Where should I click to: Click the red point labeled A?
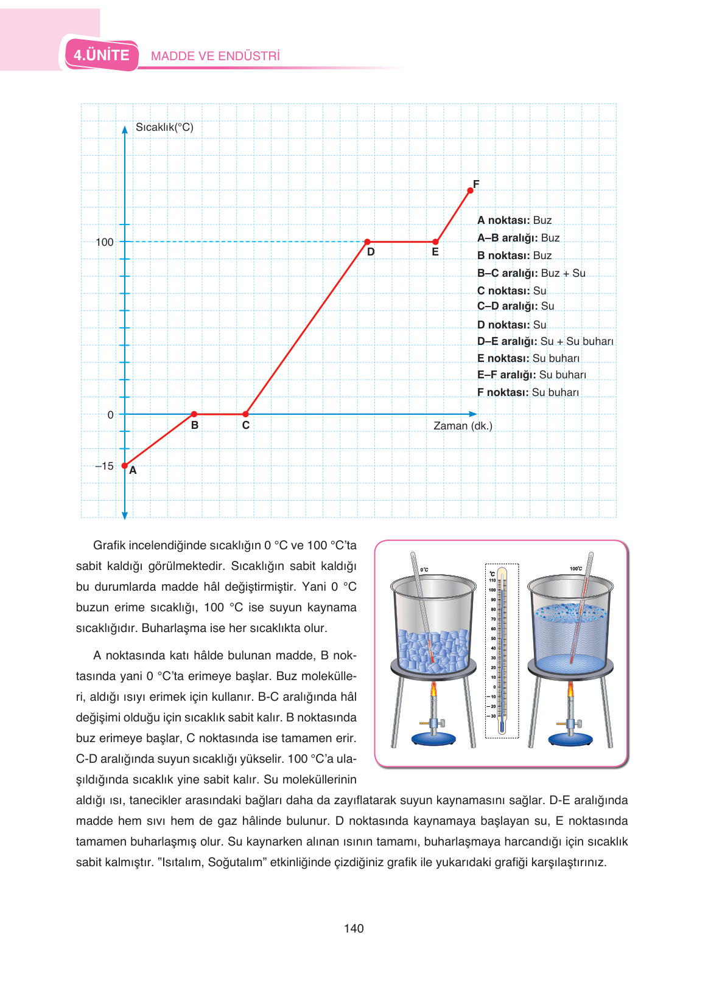[125, 466]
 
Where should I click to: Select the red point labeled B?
[194, 414]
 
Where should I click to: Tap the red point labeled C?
[245, 414]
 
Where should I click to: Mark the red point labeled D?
[367, 241]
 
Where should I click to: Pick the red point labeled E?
[435, 241]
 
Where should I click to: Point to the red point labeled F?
[470, 190]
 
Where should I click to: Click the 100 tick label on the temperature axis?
[105, 242]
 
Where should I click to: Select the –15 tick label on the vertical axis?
[104, 466]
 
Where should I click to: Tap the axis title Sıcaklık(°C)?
[164, 127]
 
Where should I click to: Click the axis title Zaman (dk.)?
[463, 426]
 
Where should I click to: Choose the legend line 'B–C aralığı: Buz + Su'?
[531, 273]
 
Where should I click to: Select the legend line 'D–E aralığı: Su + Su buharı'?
[545, 341]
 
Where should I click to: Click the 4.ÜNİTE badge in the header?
[102, 55]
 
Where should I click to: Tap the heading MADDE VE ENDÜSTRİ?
[216, 56]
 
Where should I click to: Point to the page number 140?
[354, 928]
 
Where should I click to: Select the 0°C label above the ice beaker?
[424, 570]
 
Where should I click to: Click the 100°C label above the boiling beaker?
[576, 569]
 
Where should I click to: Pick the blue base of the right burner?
[570, 739]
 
